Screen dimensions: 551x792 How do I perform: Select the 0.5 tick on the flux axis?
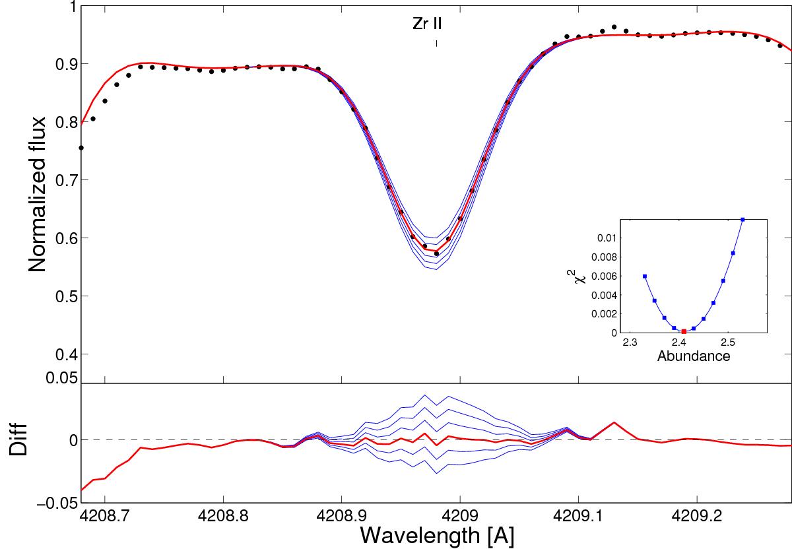[62, 296]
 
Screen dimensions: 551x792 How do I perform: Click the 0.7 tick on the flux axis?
[62, 180]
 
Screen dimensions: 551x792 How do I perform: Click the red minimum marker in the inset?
[684, 331]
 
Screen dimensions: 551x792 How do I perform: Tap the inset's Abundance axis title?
[692, 356]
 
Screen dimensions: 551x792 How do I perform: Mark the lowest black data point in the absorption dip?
[436, 253]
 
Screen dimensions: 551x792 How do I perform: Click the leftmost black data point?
[81, 148]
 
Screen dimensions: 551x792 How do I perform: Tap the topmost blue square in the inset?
[743, 219]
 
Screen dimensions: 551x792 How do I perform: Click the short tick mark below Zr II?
[436, 44]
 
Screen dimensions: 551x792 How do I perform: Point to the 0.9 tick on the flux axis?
[62, 64]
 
